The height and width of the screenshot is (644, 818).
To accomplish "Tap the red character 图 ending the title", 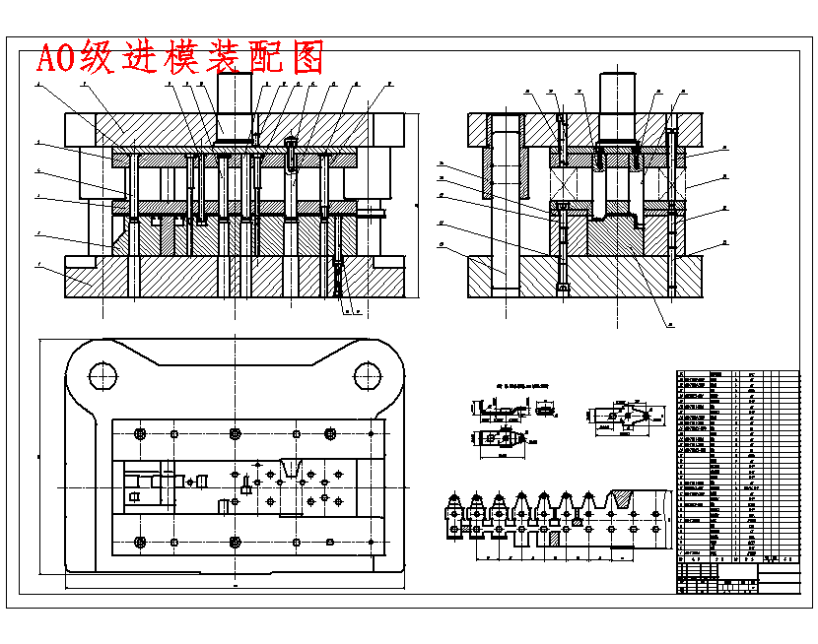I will (308, 58).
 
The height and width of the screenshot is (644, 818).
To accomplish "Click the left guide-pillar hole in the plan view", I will (102, 374).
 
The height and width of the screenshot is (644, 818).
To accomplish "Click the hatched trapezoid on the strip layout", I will (625, 499).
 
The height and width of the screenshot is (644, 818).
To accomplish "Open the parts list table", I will (737, 473).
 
